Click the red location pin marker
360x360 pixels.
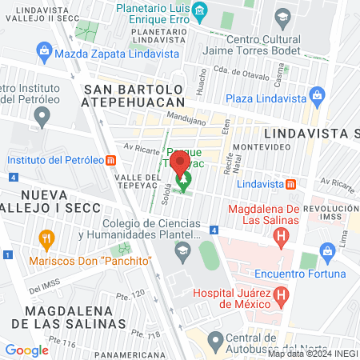tap(182, 162)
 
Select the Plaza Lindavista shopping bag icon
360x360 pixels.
tap(318, 97)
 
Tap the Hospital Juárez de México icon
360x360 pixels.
tap(280, 296)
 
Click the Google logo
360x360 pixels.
tap(26, 350)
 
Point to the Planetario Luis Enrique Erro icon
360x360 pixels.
tap(200, 10)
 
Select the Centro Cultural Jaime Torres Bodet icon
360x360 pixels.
tap(282, 15)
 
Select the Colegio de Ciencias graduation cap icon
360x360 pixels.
tap(182, 248)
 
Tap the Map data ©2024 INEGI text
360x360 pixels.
tap(312, 353)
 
